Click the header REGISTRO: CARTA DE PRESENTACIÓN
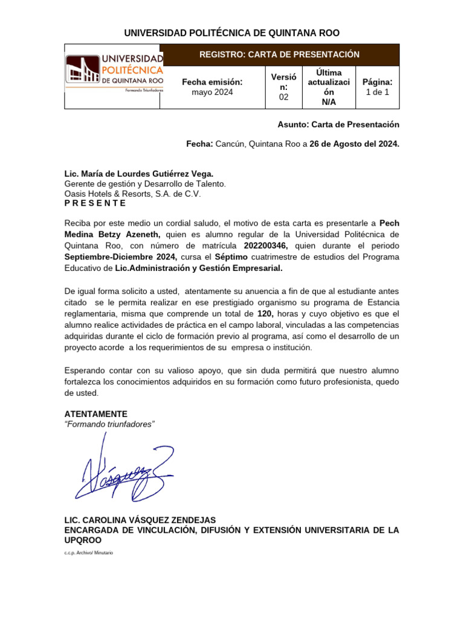[x=279, y=54]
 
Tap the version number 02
[x=283, y=97]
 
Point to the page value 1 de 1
[x=377, y=92]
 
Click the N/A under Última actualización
[x=329, y=103]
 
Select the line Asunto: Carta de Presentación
[x=338, y=124]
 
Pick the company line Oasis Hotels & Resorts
[x=132, y=194]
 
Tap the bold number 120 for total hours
[x=265, y=314]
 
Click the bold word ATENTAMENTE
[x=95, y=413]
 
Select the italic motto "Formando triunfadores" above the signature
[x=109, y=424]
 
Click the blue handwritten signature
[x=124, y=471]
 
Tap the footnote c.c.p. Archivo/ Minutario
[x=88, y=552]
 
